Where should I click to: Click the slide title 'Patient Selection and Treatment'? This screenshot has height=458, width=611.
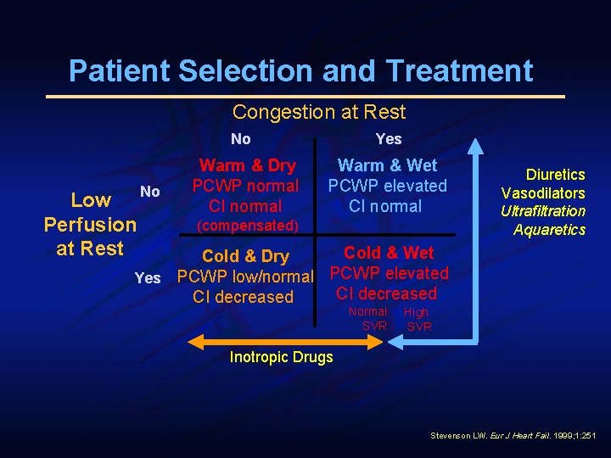coord(300,70)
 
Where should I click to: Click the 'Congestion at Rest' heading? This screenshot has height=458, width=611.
coord(319,112)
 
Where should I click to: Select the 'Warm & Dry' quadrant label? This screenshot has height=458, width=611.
coord(247,166)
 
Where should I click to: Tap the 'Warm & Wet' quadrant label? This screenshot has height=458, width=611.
coord(387,165)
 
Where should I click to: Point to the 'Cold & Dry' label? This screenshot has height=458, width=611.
coord(245,256)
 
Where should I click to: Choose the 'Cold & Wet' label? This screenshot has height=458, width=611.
coord(388,253)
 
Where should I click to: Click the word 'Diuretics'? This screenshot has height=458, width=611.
coord(555,175)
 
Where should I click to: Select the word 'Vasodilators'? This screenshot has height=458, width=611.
coord(543,193)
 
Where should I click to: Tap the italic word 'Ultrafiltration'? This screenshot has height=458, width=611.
coord(542,211)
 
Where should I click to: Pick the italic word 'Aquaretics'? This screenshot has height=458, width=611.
coord(549,230)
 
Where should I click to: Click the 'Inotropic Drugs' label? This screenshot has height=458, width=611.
coord(282,357)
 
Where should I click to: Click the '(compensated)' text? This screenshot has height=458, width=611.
coord(247,226)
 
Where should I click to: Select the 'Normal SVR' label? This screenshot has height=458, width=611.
coord(368,319)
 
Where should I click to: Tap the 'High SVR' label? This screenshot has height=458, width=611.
coord(418,320)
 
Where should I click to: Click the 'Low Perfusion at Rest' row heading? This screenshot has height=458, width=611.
coord(89,225)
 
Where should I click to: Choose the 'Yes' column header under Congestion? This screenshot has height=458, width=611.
coord(388,139)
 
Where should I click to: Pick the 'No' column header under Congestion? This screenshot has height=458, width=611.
coord(241,139)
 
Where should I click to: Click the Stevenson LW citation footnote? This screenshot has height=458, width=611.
coord(513,435)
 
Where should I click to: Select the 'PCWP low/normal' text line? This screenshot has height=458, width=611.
coord(245,276)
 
